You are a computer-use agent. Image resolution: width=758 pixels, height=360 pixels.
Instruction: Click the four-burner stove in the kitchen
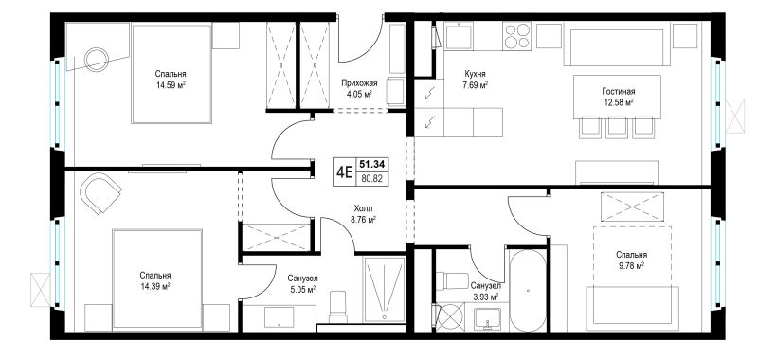[516, 36]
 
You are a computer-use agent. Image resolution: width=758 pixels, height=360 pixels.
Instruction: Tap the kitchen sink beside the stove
[459, 36]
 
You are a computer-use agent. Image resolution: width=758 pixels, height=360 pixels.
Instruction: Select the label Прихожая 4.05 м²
[358, 88]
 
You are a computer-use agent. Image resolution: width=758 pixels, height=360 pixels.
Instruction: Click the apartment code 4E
[344, 172]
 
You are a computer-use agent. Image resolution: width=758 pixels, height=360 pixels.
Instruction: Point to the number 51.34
[373, 164]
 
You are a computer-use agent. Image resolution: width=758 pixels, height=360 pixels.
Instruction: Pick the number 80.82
[373, 178]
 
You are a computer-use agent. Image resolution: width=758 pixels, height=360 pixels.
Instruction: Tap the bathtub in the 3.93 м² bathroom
[528, 290]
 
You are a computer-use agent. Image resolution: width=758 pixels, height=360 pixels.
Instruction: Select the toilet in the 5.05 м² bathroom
[337, 306]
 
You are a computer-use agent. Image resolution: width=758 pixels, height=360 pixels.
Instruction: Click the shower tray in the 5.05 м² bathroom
[385, 289]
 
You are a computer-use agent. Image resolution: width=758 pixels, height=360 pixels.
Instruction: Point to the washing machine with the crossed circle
[449, 317]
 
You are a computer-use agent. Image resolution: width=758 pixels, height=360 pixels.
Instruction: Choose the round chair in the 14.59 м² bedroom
[97, 60]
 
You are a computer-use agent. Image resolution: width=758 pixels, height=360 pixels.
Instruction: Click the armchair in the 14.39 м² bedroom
[100, 193]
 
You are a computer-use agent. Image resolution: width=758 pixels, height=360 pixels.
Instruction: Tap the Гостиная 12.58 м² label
[618, 97]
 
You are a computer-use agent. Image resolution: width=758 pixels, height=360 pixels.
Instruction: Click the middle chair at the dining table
[617, 127]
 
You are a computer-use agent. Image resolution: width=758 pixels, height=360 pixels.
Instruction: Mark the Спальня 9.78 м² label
[631, 260]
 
